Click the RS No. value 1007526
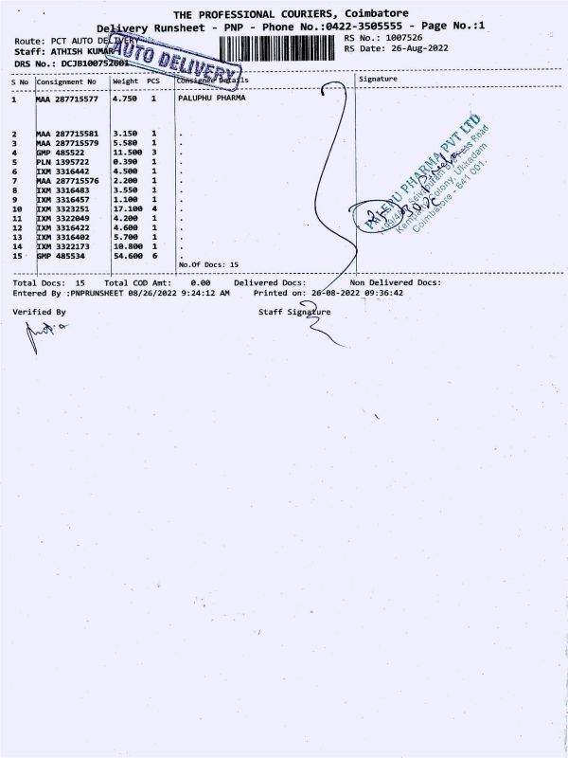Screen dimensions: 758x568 [x=409, y=38]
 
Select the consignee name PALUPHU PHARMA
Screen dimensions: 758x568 [x=204, y=99]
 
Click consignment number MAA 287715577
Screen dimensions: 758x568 [x=67, y=99]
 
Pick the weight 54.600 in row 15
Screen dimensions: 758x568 [x=127, y=257]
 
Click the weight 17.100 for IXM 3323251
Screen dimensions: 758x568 [x=127, y=208]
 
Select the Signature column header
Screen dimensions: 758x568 [x=378, y=80]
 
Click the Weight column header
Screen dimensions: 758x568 [x=125, y=81]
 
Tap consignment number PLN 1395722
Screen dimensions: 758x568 [x=62, y=161]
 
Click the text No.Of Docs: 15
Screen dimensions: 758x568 [x=208, y=265]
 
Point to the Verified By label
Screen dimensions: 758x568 [x=40, y=312]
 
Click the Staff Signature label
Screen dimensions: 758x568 [x=294, y=312]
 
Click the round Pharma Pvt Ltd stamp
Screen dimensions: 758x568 [x=426, y=180]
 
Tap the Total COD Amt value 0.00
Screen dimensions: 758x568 [x=200, y=282]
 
